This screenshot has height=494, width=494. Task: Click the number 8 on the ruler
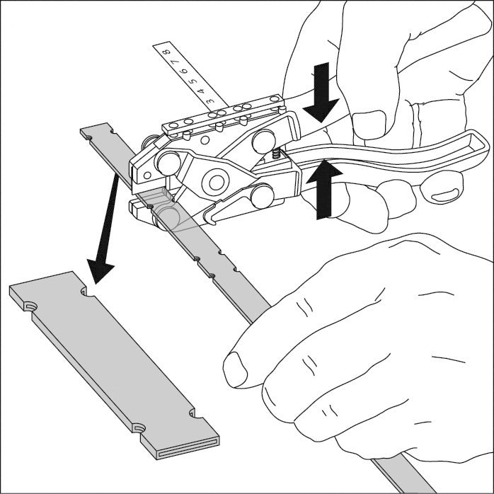pyautogui.click(x=166, y=52)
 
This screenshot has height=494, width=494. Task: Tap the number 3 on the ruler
pyautogui.click(x=210, y=101)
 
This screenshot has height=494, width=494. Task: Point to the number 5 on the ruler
pyautogui.click(x=193, y=81)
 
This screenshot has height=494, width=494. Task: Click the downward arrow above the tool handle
pyautogui.click(x=321, y=92)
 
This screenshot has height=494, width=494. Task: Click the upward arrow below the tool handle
pyautogui.click(x=325, y=190)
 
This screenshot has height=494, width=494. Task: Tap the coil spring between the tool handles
pyautogui.click(x=276, y=153)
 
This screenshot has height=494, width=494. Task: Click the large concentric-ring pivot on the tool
pyautogui.click(x=215, y=183)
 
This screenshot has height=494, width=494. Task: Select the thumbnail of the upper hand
pyautogui.click(x=369, y=125)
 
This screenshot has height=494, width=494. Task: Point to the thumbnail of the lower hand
pyautogui.click(x=235, y=369)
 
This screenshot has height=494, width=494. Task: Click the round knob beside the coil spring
pyautogui.click(x=264, y=142)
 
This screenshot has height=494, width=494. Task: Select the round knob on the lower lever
pyautogui.click(x=262, y=197)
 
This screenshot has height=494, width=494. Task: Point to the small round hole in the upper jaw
pyautogui.click(x=147, y=176)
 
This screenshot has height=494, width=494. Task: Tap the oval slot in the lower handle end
pyautogui.click(x=445, y=195)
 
